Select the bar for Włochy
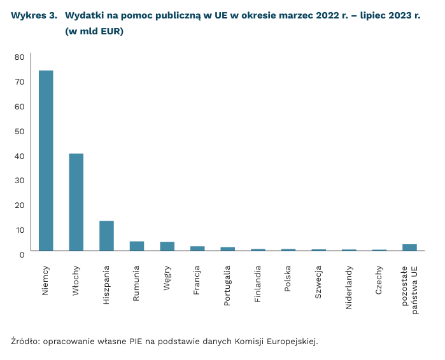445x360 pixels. point(76,202)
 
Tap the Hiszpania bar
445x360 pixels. point(106,235)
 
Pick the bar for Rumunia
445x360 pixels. point(137,246)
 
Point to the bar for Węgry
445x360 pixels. point(167,246)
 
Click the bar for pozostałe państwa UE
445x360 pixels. point(409,247)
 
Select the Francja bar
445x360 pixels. point(197,248)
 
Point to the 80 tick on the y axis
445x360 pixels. point(19,57)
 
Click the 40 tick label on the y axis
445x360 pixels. point(19,156)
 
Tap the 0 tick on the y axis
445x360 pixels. point(21,254)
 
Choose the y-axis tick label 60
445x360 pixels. point(19,106)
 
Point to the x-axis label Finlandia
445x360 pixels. point(258,284)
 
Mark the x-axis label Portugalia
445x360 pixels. point(228,286)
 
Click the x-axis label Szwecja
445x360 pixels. point(318,280)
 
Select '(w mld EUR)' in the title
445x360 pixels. point(94,31)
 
